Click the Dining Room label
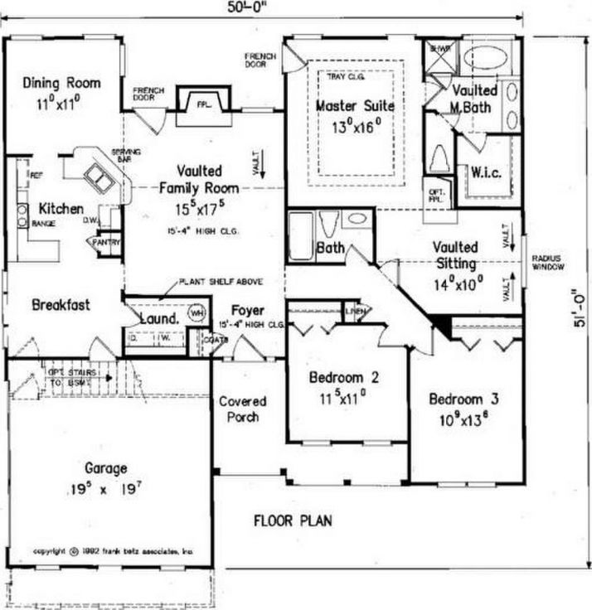61,83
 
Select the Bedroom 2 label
344,377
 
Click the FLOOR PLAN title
293,520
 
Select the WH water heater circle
197,313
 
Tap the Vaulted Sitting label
455,256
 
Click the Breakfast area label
61,304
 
